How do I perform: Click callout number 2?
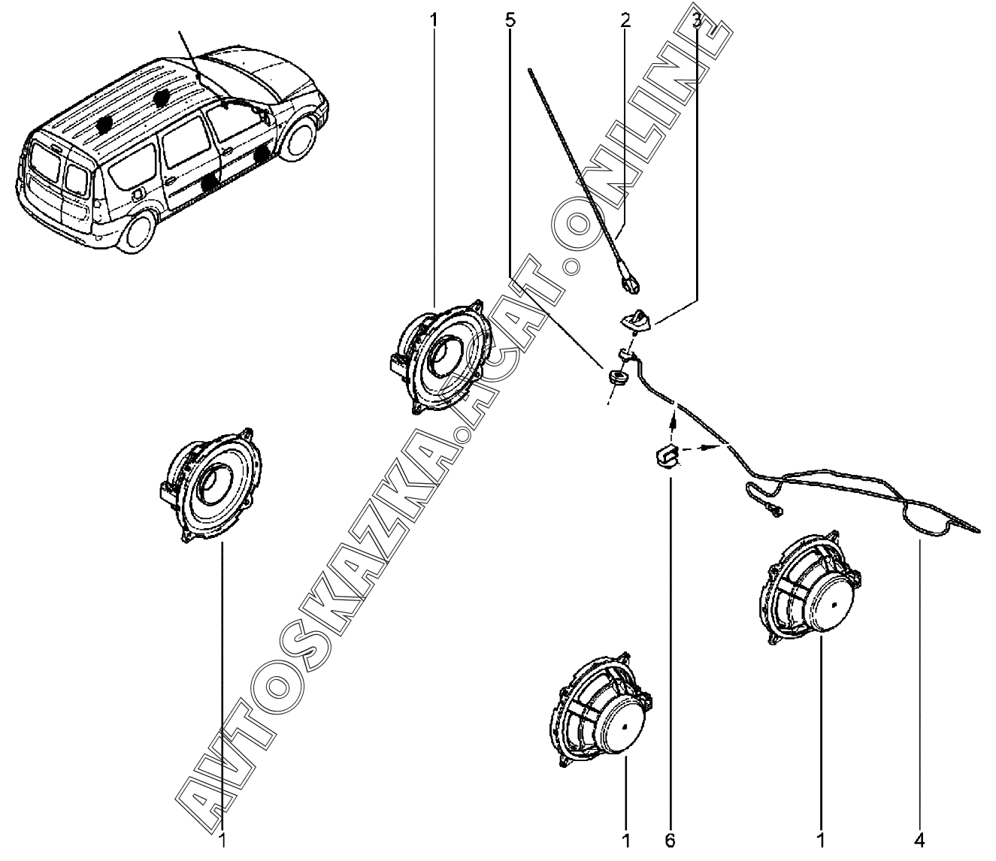[625, 20]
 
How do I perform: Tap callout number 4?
[919, 838]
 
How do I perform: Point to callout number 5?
[510, 20]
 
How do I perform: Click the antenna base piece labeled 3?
[633, 320]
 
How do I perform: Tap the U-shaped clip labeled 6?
[666, 455]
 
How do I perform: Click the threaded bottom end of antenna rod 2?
[630, 283]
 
